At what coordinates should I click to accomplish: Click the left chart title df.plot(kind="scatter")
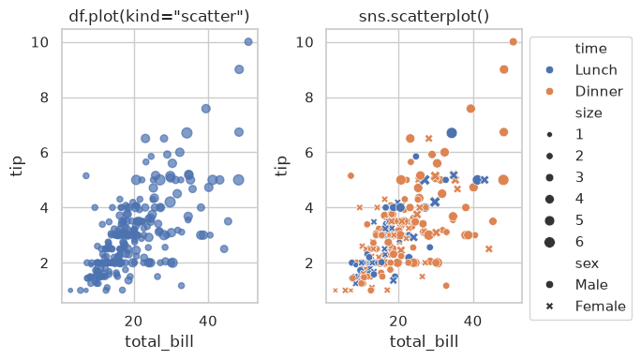tap(159, 16)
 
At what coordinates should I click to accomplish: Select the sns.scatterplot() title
tap(424, 16)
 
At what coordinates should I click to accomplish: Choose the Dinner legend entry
tap(585, 91)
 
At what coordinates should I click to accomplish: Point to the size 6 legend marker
tap(550, 242)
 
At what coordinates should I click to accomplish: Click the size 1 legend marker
tap(550, 135)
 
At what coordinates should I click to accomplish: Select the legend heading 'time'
tap(590, 49)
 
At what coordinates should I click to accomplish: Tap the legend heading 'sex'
tap(587, 263)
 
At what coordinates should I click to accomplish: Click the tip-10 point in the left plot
tap(248, 42)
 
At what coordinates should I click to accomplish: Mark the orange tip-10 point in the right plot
tap(513, 42)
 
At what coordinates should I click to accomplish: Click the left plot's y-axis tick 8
tap(44, 97)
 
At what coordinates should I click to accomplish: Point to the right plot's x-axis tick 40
tap(473, 322)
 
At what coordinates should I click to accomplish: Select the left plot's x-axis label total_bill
tap(159, 341)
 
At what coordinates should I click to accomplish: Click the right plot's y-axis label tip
tap(281, 166)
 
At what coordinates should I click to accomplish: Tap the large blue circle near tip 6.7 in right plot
tap(452, 133)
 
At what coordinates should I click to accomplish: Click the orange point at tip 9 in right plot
tap(503, 69)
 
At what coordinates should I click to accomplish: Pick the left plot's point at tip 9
tap(239, 69)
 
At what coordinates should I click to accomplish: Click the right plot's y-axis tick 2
tap(309, 263)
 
